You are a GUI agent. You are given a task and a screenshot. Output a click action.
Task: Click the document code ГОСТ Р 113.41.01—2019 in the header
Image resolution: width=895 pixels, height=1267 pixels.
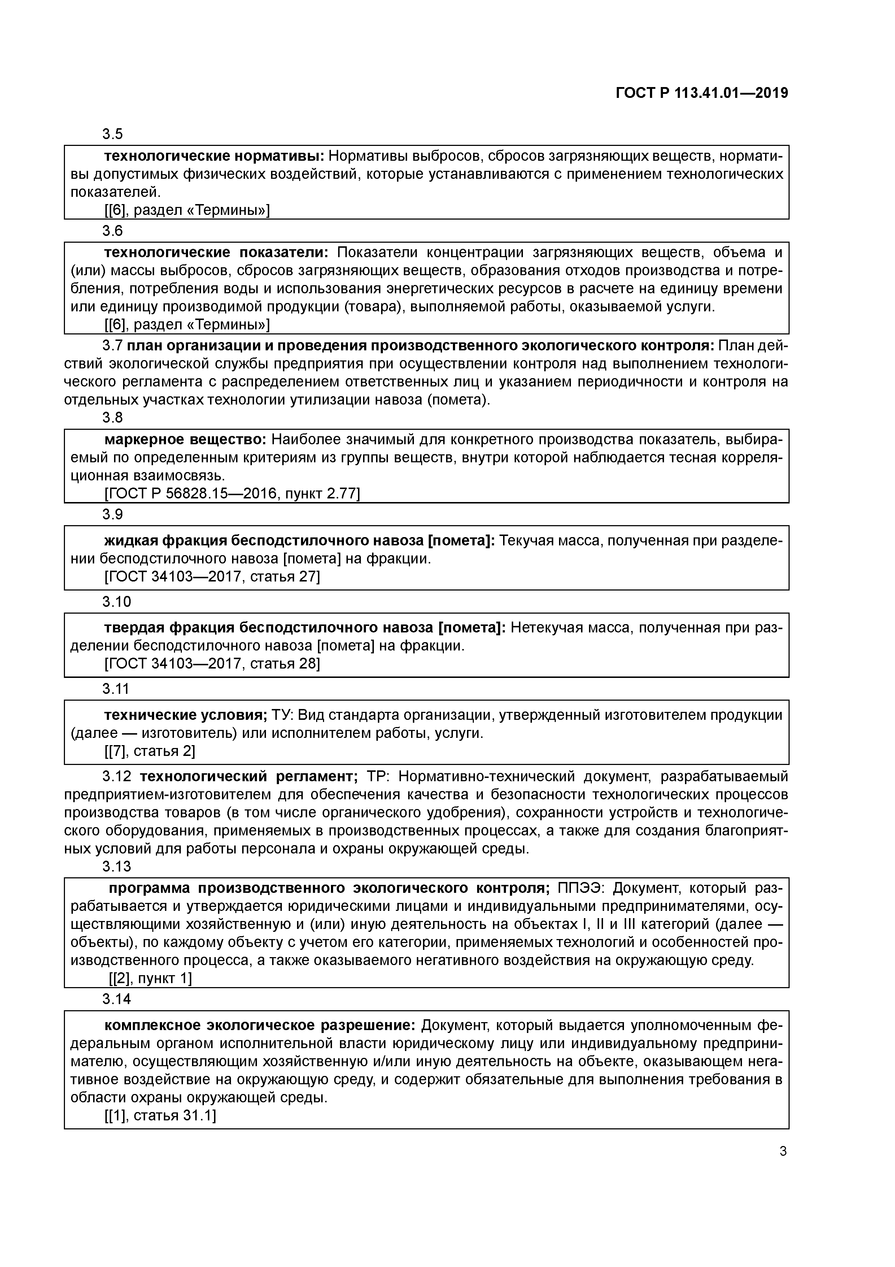702,93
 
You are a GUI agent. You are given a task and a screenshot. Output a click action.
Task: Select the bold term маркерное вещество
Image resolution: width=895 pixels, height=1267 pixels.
185,440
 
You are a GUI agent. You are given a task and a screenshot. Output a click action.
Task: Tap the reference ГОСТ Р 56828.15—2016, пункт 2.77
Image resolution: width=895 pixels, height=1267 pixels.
232,494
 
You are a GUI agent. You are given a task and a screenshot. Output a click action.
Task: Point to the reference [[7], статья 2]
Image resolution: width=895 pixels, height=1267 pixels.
149,751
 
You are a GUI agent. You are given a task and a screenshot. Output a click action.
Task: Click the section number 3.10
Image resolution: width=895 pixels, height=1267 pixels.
116,601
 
